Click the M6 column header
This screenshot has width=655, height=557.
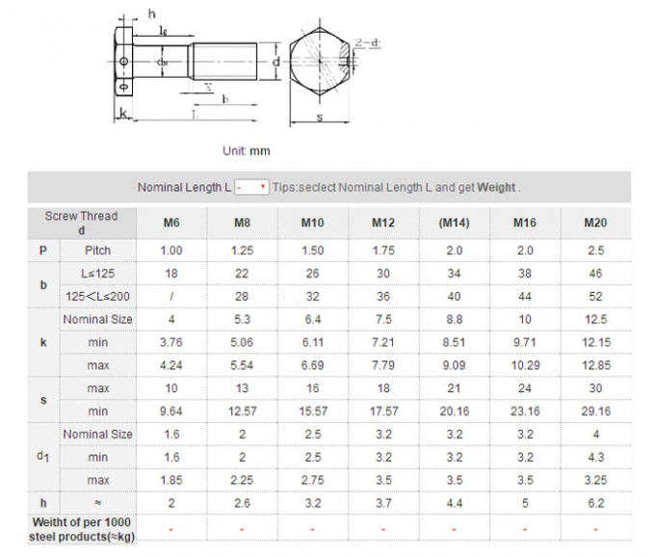170,224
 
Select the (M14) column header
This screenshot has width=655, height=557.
454,224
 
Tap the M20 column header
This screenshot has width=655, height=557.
595,224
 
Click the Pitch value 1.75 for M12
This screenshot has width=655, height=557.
383,251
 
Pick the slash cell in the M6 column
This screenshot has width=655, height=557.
170,297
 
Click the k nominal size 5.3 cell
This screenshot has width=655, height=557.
242,320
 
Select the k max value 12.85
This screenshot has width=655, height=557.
595,366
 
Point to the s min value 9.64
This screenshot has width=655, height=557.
170,411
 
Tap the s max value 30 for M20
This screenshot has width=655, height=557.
595,388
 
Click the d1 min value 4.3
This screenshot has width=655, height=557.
595,458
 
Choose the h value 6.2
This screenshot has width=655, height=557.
595,503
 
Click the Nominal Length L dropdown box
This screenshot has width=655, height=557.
251,187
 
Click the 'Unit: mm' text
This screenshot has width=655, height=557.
247,151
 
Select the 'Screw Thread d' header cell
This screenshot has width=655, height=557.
81,223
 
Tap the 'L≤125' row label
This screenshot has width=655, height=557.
97,274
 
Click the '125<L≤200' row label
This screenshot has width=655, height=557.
97,297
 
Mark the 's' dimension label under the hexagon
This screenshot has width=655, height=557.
320,119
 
